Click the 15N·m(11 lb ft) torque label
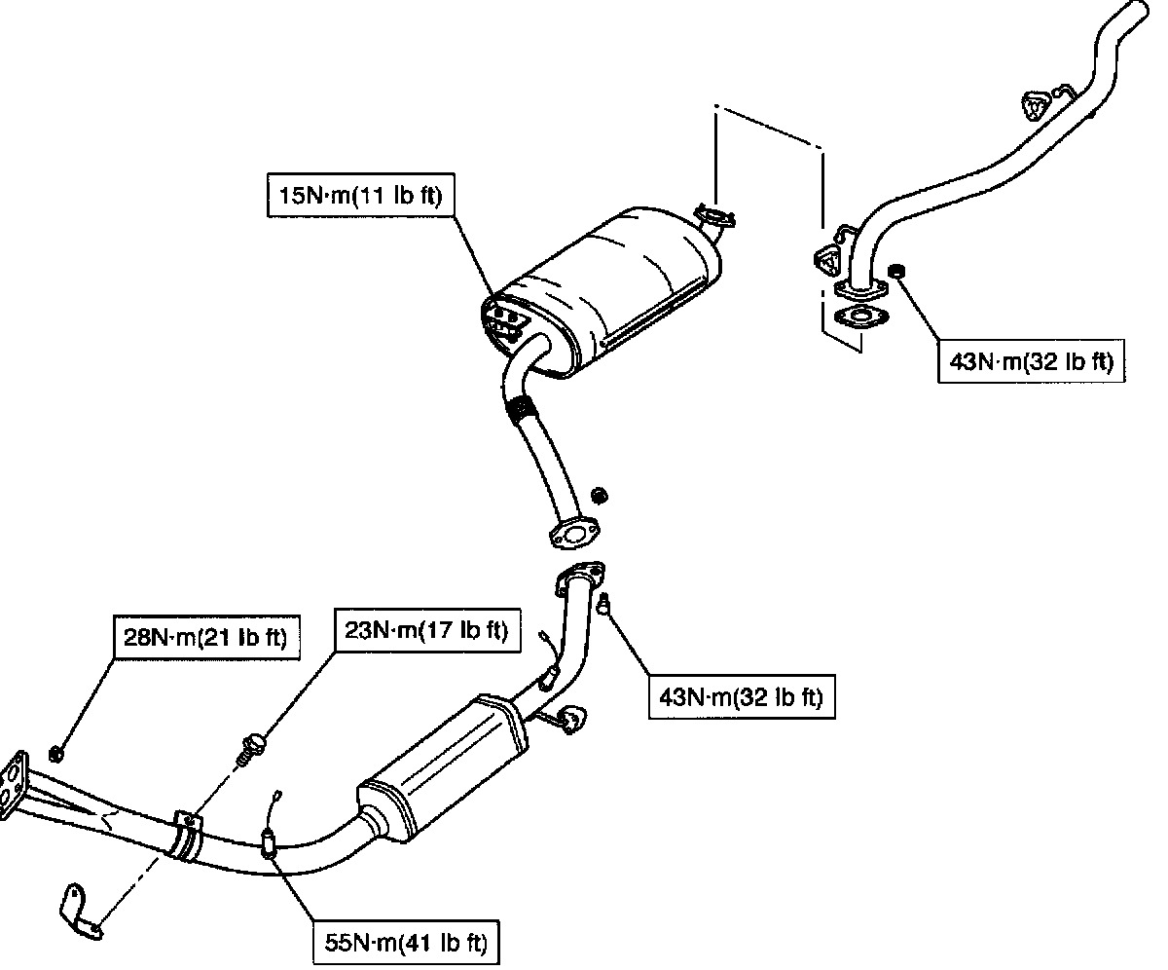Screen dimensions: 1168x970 pyautogui.click(x=361, y=195)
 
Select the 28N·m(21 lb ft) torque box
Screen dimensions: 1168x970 pyautogui.click(x=206, y=637)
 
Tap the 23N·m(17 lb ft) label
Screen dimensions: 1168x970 pyautogui.click(x=427, y=630)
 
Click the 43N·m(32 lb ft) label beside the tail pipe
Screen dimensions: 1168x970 pyautogui.click(x=1031, y=361)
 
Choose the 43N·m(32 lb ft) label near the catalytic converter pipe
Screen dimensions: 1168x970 pyautogui.click(x=742, y=697)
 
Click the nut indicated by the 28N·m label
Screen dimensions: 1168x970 pyautogui.click(x=55, y=754)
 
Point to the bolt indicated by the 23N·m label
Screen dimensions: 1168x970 pyautogui.click(x=249, y=750)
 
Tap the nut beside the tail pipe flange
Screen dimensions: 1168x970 pyautogui.click(x=896, y=271)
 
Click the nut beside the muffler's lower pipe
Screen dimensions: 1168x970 pyautogui.click(x=600, y=496)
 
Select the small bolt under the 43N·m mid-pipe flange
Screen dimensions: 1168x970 pyautogui.click(x=603, y=604)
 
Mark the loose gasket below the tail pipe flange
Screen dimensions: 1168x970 pyautogui.click(x=860, y=317)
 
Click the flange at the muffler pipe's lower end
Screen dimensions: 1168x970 pyautogui.click(x=574, y=534)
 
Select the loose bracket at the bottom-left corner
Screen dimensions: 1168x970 pyautogui.click(x=79, y=913)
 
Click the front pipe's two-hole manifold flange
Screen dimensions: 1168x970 pyautogui.click(x=13, y=785)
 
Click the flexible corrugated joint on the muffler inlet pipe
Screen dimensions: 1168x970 pyautogui.click(x=521, y=410)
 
